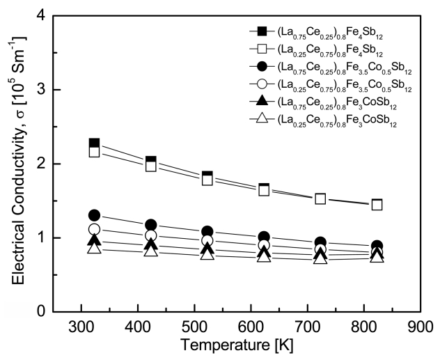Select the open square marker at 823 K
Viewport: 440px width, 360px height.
coord(377,205)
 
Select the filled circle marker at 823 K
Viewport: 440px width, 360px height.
coord(377,246)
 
